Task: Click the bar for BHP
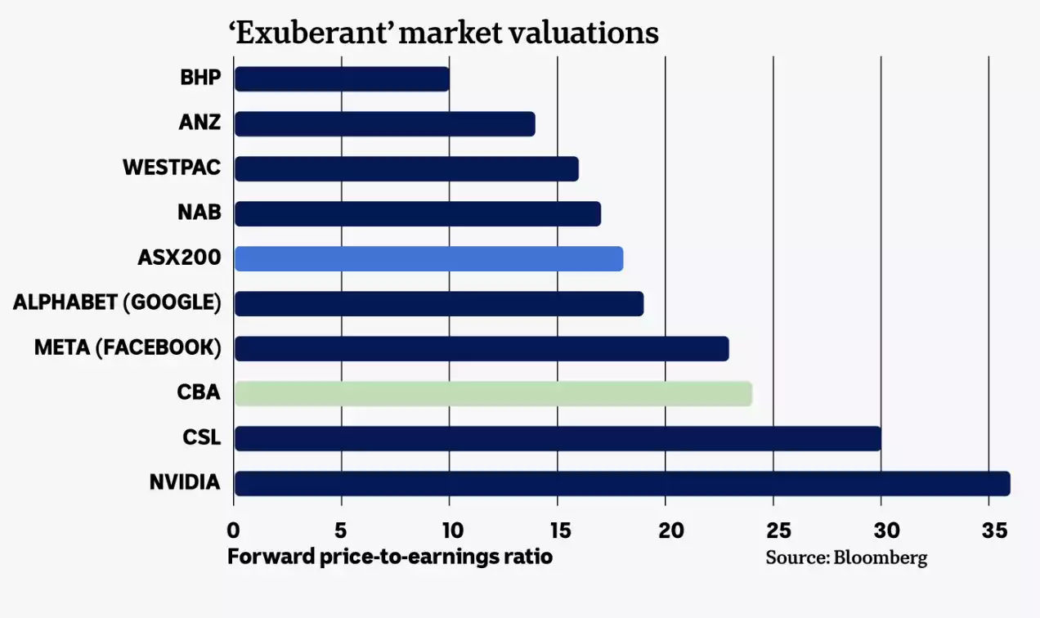(x=342, y=79)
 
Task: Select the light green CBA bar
(x=493, y=393)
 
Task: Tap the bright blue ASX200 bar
(x=428, y=258)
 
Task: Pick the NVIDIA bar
(x=622, y=483)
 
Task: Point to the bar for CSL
(x=558, y=438)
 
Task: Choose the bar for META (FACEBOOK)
(x=482, y=348)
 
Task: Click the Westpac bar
(x=406, y=169)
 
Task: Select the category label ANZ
(x=199, y=123)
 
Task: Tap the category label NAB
(x=199, y=213)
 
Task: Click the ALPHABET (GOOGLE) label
(x=117, y=302)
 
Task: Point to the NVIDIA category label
(x=185, y=482)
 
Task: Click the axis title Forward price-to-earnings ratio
(x=390, y=558)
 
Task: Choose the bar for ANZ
(x=384, y=124)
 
